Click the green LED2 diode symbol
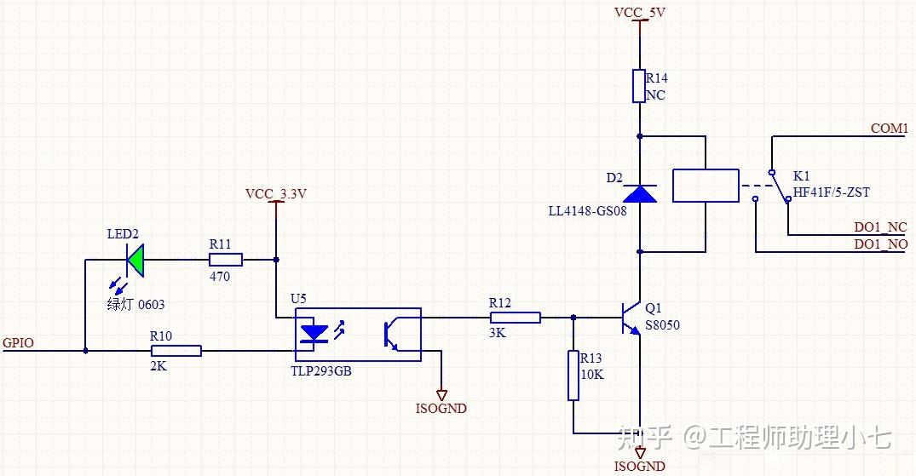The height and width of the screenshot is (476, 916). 135,260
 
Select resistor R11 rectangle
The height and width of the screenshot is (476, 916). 226,260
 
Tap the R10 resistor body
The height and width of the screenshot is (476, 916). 176,351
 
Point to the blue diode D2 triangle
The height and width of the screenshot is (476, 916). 640,194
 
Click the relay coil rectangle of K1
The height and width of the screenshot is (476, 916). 706,186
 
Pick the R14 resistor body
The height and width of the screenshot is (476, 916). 640,86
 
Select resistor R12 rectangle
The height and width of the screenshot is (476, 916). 516,318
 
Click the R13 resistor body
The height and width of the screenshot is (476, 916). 573,376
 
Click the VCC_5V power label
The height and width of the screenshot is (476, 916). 640,12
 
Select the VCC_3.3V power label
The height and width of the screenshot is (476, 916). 276,194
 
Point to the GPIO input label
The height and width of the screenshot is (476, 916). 18,343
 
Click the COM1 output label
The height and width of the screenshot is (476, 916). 889,129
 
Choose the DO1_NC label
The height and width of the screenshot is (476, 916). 881,227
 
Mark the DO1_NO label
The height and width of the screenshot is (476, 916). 881,244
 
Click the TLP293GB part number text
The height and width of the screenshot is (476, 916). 321,371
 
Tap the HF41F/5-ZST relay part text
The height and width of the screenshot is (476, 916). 832,192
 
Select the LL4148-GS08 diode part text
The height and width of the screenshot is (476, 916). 587,211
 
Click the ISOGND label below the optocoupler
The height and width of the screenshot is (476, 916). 441,408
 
